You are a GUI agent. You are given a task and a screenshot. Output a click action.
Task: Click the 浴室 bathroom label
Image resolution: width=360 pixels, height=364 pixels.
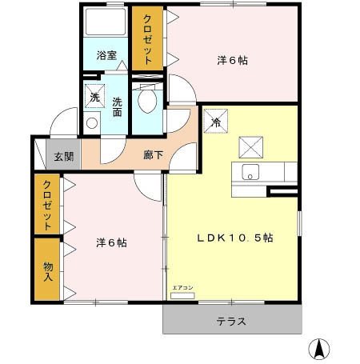click(106, 56)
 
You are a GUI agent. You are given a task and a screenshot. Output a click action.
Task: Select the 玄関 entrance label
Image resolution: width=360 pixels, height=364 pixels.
click(63, 157)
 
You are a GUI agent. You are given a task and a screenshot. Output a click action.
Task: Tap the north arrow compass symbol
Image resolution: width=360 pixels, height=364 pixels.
click(318, 349)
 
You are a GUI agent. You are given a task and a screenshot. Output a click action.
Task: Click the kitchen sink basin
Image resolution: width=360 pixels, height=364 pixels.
click(249, 172)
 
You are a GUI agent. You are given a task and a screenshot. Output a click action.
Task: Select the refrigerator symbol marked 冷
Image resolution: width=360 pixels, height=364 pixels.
click(216, 122)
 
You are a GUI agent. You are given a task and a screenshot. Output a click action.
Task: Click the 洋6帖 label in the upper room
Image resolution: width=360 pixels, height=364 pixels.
click(231, 60)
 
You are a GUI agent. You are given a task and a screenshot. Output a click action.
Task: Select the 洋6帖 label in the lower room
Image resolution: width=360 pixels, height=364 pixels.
click(110, 242)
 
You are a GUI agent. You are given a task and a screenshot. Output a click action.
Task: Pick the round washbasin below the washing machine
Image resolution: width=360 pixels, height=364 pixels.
click(91, 123)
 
